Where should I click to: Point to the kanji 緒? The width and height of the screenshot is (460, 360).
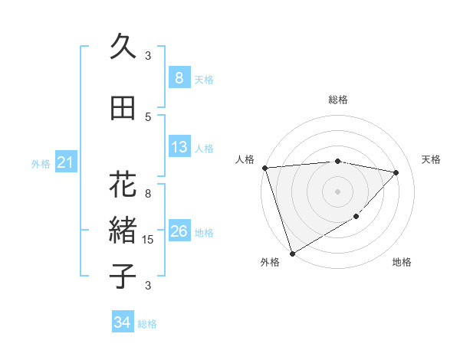point(123,230)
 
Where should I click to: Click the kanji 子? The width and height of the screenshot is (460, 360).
point(123,275)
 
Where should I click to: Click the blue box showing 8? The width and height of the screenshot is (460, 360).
point(179,78)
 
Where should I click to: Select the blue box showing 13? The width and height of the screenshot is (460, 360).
point(179,148)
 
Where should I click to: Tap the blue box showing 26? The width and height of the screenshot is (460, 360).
point(179,232)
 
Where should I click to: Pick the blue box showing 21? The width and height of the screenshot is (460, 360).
point(65,162)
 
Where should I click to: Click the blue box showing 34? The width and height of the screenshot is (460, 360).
point(122,322)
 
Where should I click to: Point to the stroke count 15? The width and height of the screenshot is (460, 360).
point(148,240)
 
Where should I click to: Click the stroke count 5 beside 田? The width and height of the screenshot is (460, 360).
point(148,116)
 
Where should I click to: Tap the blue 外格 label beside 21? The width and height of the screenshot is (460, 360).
point(41,163)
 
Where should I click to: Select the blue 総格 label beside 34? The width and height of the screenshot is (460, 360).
point(147,324)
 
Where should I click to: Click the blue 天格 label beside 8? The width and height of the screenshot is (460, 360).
point(204,79)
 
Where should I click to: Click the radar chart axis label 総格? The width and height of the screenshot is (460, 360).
point(338,100)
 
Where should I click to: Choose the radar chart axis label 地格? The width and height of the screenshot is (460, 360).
point(402,262)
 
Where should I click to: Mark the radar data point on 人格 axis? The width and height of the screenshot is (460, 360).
point(264,168)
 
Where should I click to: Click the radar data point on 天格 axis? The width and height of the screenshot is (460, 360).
point(396,172)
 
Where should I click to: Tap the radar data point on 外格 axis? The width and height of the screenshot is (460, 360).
point(292,253)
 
